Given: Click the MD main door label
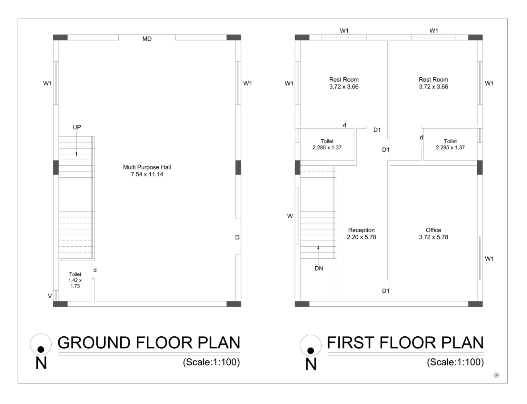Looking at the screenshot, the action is [147, 39].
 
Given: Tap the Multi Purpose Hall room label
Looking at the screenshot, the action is [147, 171].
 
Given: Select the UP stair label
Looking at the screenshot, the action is [77, 127].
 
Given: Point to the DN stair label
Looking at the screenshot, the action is [319, 268].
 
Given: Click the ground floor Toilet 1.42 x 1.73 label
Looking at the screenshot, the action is [75, 280].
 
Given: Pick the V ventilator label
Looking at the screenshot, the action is [50, 296].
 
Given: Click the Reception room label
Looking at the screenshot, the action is [361, 233].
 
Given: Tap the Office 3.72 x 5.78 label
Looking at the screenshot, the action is [434, 233].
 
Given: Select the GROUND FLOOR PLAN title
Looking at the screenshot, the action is [149, 343].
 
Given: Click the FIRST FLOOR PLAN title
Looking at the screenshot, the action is [405, 343].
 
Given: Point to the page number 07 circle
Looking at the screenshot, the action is [497, 375].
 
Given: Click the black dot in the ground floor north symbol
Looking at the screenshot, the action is [41, 350].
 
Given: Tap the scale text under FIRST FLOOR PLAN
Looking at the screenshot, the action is [455, 362].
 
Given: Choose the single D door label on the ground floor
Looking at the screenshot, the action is [237, 237].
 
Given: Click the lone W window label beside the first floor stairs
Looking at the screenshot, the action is [290, 216].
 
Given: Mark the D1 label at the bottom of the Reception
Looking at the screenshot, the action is [385, 291].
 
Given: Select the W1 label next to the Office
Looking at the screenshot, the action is [489, 259].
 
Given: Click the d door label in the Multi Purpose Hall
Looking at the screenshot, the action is [95, 269].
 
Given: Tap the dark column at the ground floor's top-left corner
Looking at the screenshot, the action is [61, 37].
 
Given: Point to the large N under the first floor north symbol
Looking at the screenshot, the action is [311, 364].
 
